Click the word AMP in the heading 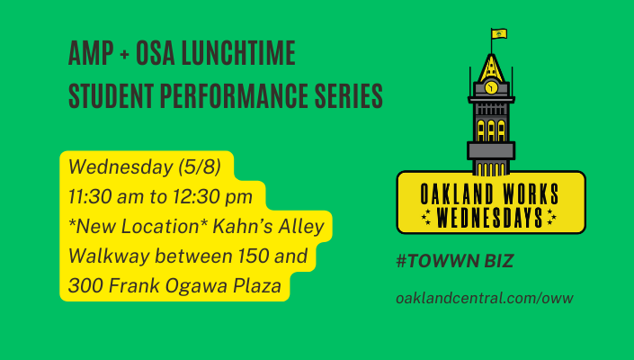point(91,53)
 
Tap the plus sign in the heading point(124,54)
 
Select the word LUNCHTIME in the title point(238,53)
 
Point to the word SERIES point(349,96)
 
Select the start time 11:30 point(90,197)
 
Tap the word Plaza point(257,285)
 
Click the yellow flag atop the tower point(499,33)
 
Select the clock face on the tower point(491,87)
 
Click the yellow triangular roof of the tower point(491,69)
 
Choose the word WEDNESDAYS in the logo point(489,218)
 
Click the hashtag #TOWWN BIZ point(454,261)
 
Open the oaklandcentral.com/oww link point(485,298)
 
